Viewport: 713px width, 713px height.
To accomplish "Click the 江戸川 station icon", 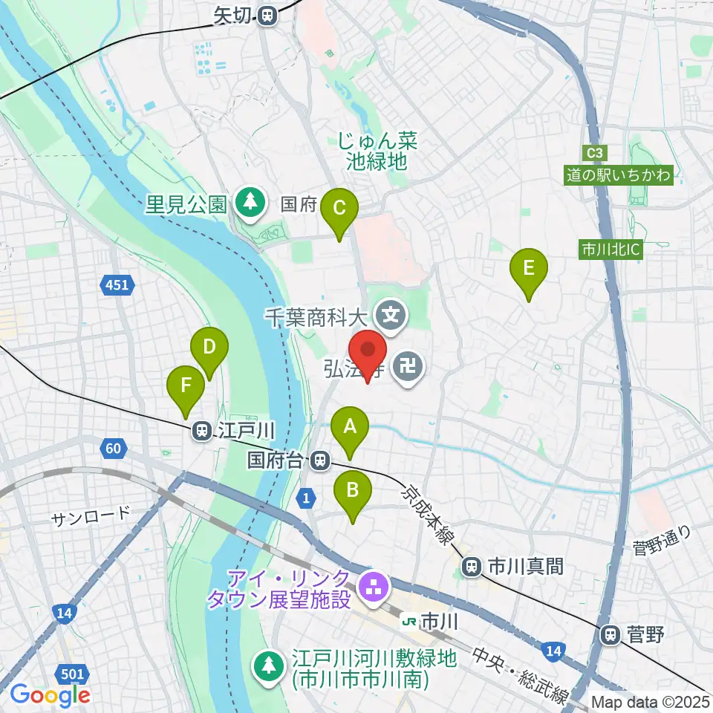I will [201, 430].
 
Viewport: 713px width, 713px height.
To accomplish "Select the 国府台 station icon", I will [320, 460].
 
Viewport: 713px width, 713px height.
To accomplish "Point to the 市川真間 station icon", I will [471, 567].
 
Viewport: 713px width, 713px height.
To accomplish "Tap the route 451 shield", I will [117, 284].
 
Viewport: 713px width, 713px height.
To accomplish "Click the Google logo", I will [49, 696].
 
